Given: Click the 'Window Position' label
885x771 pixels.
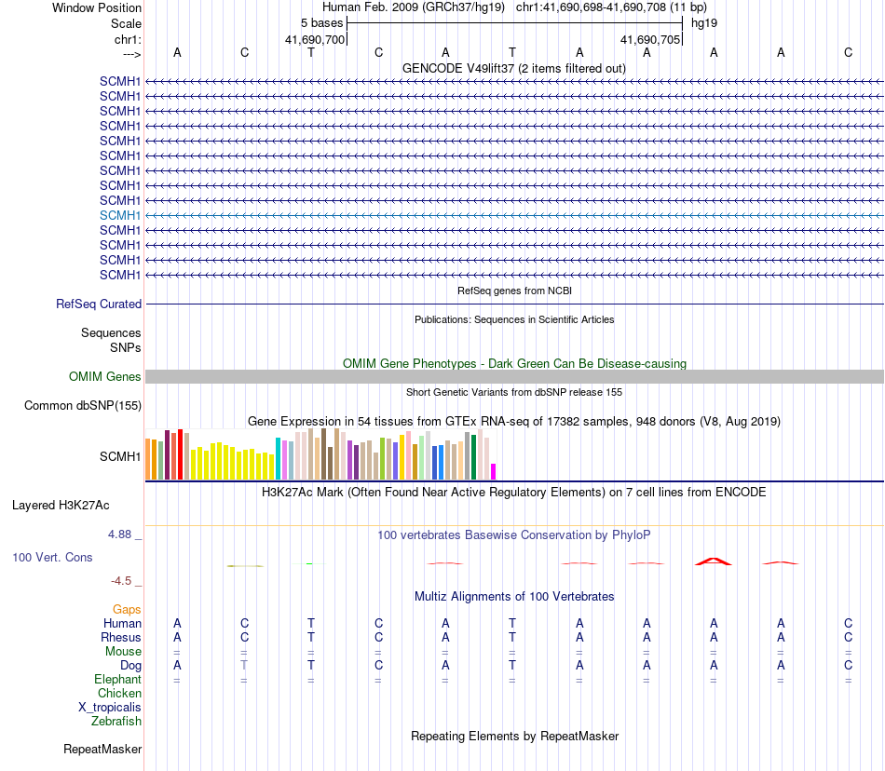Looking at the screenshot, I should (x=97, y=7).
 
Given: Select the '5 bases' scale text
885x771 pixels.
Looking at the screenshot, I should (x=321, y=22).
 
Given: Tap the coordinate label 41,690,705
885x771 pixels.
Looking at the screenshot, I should (x=650, y=40).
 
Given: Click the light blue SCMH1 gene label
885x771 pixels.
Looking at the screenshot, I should (x=120, y=215).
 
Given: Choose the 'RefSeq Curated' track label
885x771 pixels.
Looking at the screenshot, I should (x=99, y=304).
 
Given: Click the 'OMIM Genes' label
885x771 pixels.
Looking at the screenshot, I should (x=105, y=377).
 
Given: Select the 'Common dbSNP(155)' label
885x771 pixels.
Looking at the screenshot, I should (x=83, y=405).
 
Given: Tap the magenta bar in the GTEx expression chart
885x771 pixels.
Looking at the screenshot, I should (x=494, y=471).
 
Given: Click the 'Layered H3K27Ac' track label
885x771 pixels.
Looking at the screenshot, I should (x=61, y=506).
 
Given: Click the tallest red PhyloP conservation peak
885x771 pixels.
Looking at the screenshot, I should (x=714, y=561).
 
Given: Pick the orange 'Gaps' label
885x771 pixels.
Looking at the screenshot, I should (x=127, y=609).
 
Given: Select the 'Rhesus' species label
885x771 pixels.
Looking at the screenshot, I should (x=121, y=638).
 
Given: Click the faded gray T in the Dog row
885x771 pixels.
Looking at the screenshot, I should (x=244, y=666).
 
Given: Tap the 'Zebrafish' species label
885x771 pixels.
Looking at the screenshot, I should (x=116, y=722).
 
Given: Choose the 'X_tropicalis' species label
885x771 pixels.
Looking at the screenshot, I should (x=110, y=708).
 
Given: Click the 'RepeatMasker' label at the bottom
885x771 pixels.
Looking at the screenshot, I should (x=102, y=749).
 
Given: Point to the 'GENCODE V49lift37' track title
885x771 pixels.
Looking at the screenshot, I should (x=514, y=68).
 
